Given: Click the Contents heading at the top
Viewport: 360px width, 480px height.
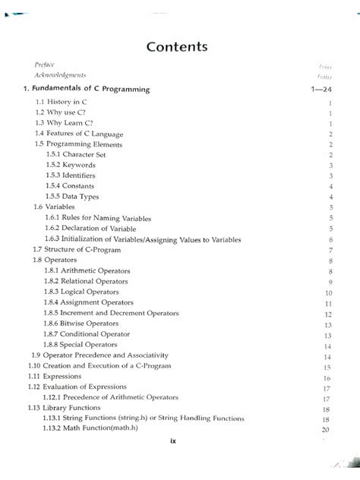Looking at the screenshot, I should click(x=180, y=47).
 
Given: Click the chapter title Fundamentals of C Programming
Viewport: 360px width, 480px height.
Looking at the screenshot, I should click(x=85, y=90).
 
